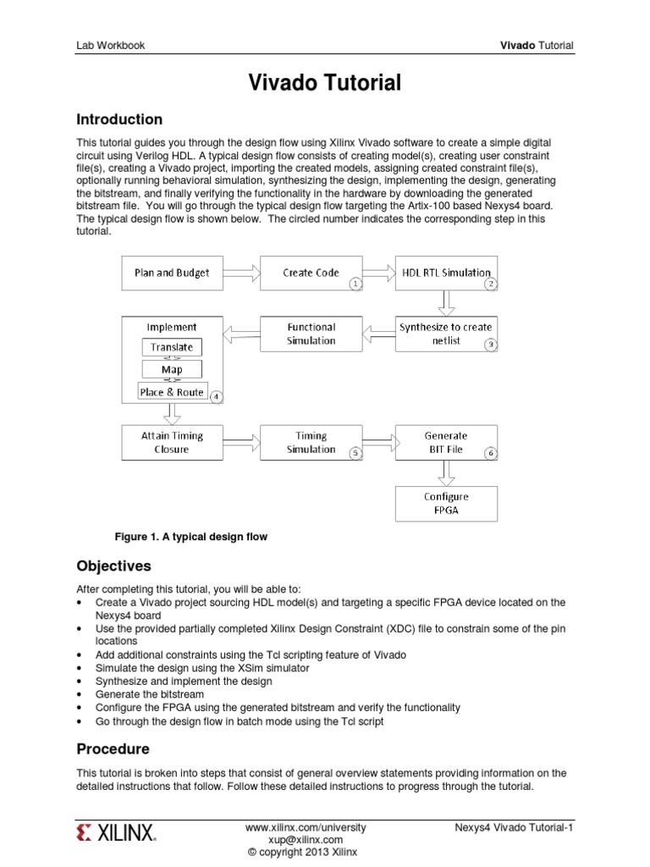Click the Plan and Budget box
172,273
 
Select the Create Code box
311,273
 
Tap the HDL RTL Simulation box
446,273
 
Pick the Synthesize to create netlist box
446,334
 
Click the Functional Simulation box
311,334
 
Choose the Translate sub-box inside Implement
172,347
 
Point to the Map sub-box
172,370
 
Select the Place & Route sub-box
172,392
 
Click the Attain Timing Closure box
172,443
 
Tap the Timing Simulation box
311,443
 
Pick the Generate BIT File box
446,443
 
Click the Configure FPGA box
446,503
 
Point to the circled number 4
217,396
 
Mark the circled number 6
490,454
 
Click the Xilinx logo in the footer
116,833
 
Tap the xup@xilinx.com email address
306,839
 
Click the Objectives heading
113,566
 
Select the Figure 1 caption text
191,537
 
